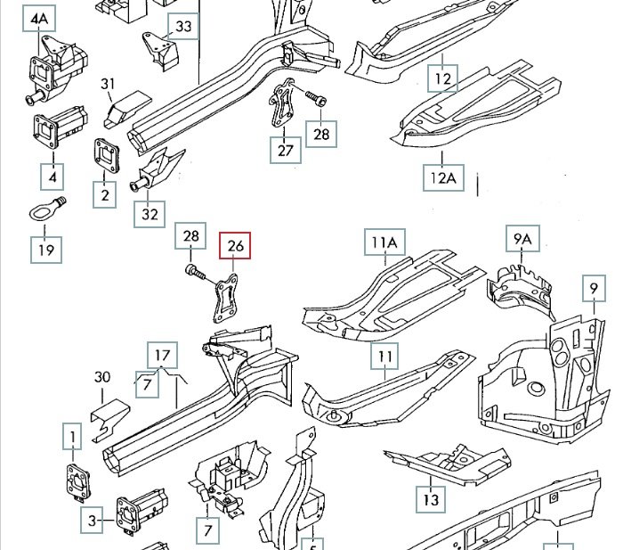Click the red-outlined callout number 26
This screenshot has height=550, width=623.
(x=236, y=245)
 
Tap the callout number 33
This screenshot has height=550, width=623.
(x=182, y=27)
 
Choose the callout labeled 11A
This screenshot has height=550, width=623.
(x=384, y=242)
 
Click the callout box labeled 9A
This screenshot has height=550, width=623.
(x=522, y=238)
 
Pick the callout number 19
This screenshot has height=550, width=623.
(x=45, y=250)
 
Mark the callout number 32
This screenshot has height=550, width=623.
(x=150, y=215)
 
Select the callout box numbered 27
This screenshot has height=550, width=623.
(x=285, y=150)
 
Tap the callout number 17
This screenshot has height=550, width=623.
(x=161, y=356)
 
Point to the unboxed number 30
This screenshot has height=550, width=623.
(x=102, y=377)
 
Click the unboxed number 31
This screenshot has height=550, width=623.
(x=109, y=85)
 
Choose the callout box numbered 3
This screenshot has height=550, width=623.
(x=92, y=520)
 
